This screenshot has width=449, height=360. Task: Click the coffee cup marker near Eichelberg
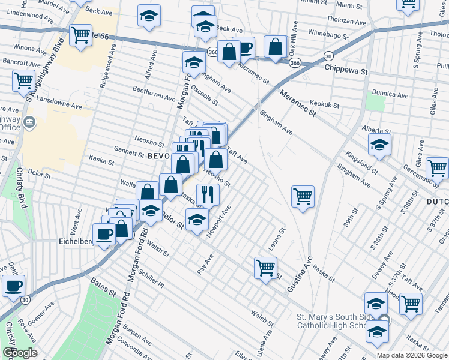104,234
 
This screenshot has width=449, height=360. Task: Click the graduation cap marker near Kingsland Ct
379,144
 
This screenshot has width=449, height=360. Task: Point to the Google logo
19,353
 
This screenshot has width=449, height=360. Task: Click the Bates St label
103,286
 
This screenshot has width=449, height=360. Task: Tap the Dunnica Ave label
390,95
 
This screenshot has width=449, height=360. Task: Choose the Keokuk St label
324,104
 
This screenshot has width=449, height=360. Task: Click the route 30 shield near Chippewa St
328,56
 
